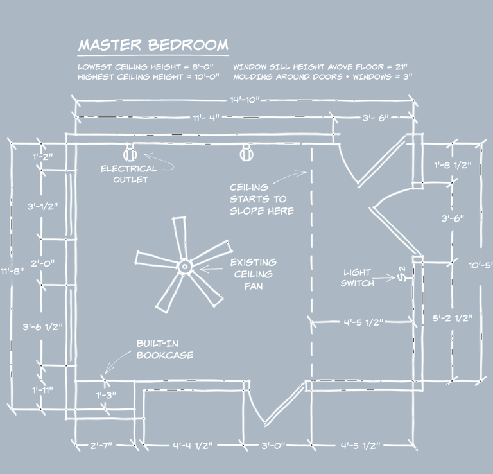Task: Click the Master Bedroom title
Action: [x=153, y=46]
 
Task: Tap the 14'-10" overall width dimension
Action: [x=243, y=100]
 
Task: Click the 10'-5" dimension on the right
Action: [x=481, y=264]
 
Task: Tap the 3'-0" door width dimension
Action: [x=274, y=445]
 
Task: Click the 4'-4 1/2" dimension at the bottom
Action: [x=192, y=445]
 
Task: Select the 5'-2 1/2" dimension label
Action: [x=453, y=318]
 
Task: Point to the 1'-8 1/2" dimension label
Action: [x=453, y=166]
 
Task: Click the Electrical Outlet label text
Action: [x=128, y=174]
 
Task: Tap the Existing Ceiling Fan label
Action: [x=254, y=274]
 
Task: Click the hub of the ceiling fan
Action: [x=184, y=265]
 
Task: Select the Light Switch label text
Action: [x=358, y=278]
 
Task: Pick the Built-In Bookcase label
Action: [x=164, y=349]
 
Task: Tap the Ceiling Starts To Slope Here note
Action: [x=258, y=198]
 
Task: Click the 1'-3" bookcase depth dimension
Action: [x=106, y=395]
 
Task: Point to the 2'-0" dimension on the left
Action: [x=43, y=263]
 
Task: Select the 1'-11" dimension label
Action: [x=43, y=389]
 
